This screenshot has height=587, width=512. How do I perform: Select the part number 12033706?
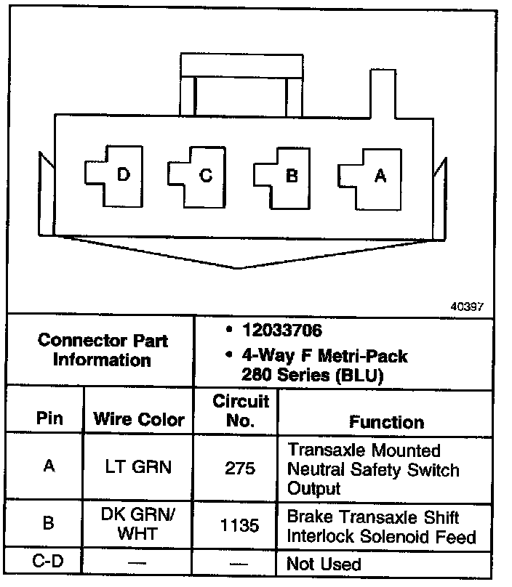[273, 331]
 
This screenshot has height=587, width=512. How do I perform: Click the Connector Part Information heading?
[102, 350]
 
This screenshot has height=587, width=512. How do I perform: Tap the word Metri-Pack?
[361, 357]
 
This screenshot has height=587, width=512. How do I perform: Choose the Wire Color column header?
[139, 419]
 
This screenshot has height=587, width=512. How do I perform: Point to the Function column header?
[386, 421]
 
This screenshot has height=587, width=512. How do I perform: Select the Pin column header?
[49, 419]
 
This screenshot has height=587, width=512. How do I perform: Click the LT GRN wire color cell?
[139, 466]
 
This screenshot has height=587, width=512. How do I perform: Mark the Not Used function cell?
[324, 564]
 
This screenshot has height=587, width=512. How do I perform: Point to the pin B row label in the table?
[48, 523]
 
